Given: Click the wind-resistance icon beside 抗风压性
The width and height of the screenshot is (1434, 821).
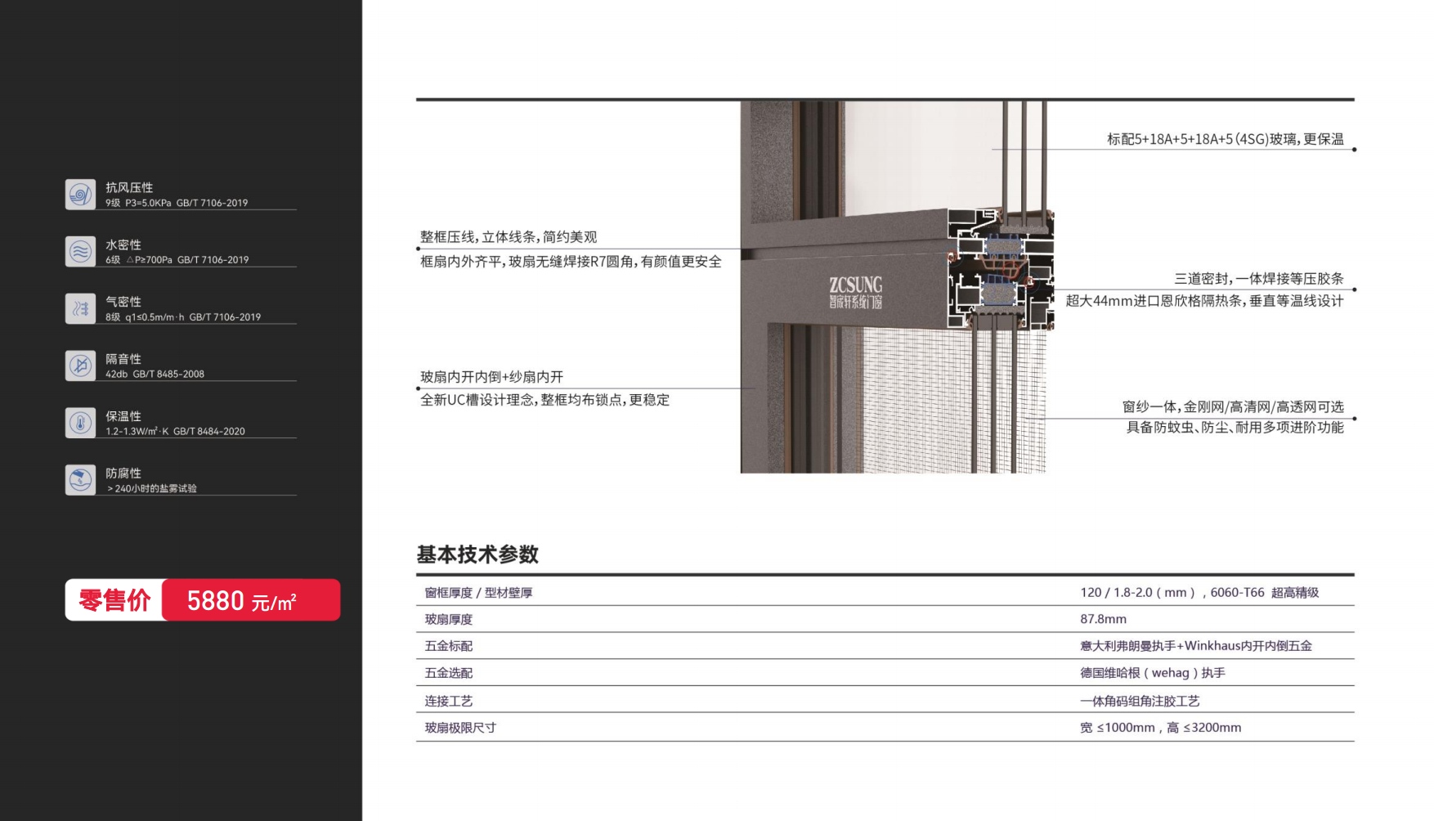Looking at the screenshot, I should click(x=80, y=195).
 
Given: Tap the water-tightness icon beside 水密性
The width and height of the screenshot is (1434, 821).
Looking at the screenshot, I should click(x=80, y=252).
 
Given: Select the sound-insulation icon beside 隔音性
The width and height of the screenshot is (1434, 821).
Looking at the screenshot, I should click(x=80, y=366).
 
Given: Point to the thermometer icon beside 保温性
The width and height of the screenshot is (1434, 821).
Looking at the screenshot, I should click(x=80, y=423).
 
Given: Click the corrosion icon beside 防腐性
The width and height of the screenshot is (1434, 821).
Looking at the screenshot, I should click(x=80, y=480).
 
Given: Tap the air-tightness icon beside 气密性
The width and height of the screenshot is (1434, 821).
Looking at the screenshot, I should click(x=80, y=308).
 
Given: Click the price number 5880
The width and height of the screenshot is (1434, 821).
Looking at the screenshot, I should click(x=216, y=601).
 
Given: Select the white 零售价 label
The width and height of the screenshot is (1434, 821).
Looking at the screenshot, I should click(x=114, y=601).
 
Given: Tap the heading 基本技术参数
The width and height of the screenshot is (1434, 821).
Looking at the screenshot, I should click(x=477, y=554).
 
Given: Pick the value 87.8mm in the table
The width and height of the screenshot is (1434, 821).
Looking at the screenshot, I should click(x=1103, y=619).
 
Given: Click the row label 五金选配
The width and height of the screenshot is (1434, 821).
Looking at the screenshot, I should click(x=449, y=673).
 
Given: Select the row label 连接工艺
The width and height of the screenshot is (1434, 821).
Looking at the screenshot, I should click(x=449, y=701).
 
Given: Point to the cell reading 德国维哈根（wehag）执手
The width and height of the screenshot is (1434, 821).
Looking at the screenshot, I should click(x=1152, y=673).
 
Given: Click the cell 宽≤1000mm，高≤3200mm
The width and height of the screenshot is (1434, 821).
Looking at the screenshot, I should click(x=1160, y=728).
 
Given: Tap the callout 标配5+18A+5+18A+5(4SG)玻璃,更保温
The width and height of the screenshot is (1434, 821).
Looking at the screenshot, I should click(x=1225, y=140).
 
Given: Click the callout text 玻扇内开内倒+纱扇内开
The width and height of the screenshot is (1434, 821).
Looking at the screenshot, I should click(x=491, y=377).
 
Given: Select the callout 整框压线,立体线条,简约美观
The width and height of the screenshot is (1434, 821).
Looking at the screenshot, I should click(x=509, y=237).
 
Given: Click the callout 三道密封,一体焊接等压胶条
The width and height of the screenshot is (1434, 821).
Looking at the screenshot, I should click(x=1258, y=279).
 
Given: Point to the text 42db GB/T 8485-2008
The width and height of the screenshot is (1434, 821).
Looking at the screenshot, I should click(x=155, y=374).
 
